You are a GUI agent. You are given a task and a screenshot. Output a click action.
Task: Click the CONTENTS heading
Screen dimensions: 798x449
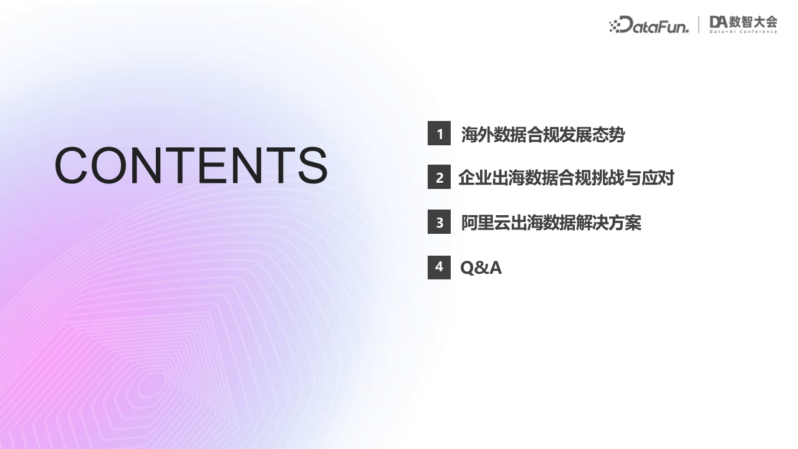[191, 166]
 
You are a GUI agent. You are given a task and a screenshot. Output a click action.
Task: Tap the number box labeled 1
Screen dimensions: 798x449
[439, 133]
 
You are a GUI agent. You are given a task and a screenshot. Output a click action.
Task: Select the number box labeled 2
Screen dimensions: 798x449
[439, 176]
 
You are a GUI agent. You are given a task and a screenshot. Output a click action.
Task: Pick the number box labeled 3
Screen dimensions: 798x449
[439, 221]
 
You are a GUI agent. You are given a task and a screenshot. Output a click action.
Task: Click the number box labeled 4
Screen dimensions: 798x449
[439, 268]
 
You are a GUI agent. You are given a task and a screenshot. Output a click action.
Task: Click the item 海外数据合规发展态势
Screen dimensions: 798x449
[543, 134]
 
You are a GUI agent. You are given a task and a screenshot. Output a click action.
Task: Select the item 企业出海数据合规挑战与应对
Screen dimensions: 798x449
[567, 178]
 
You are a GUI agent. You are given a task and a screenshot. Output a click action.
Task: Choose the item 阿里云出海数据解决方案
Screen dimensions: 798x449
[551, 223]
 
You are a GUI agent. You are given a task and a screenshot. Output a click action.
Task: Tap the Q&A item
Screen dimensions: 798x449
[481, 268]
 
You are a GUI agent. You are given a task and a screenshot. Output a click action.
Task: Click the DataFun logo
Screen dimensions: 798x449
[649, 24]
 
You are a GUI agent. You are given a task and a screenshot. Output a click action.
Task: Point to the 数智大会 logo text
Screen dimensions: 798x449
[753, 22]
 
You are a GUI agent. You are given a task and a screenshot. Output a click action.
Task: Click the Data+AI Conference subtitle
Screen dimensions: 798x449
[744, 32]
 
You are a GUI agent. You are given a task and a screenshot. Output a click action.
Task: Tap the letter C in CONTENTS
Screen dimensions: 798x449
[71, 166]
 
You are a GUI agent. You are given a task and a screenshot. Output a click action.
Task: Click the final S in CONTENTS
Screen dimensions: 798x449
[313, 166]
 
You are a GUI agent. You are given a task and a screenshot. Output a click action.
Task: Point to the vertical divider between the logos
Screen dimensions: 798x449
[699, 24]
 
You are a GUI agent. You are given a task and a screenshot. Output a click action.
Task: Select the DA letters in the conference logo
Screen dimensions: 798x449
[718, 22]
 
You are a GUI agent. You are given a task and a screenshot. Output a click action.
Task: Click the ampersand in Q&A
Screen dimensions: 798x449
[482, 268]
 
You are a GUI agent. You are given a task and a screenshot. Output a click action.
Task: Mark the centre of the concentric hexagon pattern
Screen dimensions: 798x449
[153, 384]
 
